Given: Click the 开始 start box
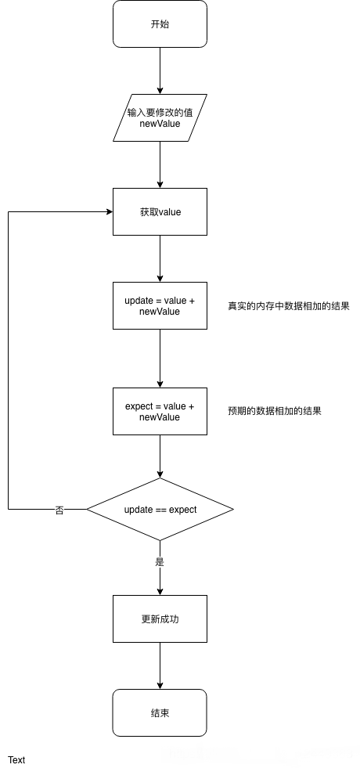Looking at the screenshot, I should (160, 24).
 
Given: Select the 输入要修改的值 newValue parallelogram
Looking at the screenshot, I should (160, 118).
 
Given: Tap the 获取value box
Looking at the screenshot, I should (160, 211).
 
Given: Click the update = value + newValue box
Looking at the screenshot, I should (160, 305).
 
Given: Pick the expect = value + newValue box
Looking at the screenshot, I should (160, 412).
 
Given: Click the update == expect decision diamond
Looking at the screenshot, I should (160, 510).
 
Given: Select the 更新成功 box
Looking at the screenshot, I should (160, 618).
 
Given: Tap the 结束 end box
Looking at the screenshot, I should (160, 712).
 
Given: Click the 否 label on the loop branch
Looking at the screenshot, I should (59, 510).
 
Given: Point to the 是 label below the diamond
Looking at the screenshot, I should (160, 561).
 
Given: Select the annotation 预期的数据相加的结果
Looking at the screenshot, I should (275, 411).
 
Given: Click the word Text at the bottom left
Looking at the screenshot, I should (16, 759).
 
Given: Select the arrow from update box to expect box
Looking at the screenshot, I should (160, 358).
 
